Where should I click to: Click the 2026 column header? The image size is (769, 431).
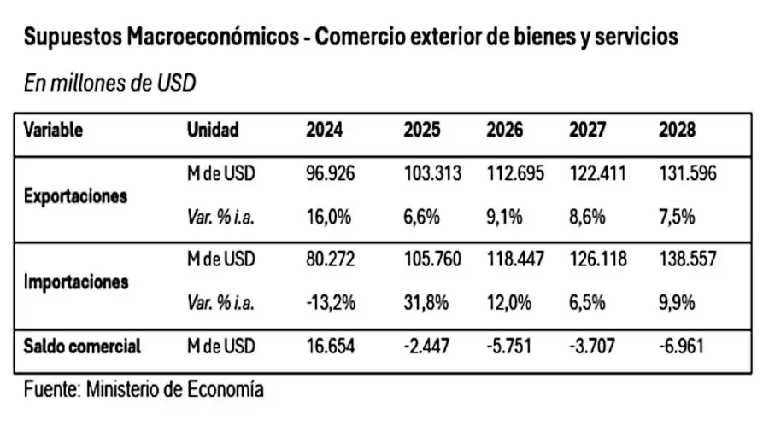(504, 131)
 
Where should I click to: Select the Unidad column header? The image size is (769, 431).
(213, 131)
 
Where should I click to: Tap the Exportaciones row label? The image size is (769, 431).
(75, 195)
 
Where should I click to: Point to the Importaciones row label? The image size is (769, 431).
(76, 281)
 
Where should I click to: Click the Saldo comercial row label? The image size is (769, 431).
(82, 347)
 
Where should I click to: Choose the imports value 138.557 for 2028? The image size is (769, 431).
(688, 259)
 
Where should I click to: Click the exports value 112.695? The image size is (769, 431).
(514, 174)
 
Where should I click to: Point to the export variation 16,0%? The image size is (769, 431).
(329, 217)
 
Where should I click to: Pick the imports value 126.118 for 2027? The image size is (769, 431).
(597, 259)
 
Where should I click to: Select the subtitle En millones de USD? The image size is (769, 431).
(109, 84)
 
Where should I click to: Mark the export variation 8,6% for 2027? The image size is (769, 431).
(587, 217)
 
